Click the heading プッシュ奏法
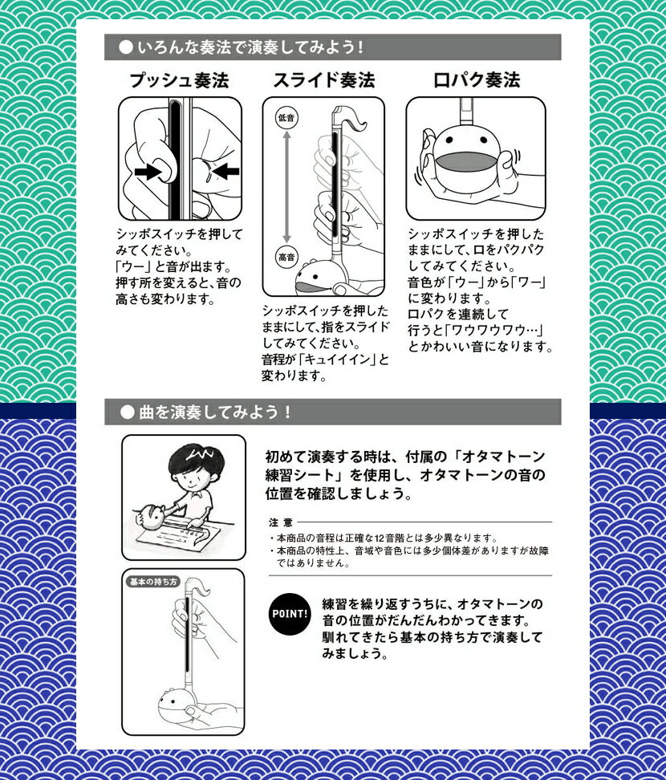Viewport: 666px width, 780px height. point(179,80)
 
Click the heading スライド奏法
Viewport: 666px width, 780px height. point(324,80)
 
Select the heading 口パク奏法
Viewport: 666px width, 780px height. point(477,80)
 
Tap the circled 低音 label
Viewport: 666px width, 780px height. point(286,118)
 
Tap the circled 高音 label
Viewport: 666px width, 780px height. point(286,257)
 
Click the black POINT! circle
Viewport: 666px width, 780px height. point(290,614)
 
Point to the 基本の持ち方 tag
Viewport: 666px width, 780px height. point(153,582)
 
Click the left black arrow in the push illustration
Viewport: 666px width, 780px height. point(148,172)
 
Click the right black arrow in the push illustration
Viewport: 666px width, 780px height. point(225,171)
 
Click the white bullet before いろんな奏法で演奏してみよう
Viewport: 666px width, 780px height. point(126,47)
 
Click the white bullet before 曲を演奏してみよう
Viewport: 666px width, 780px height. point(128,412)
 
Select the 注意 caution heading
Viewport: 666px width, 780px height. point(281,522)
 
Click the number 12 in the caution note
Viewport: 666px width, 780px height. point(380,538)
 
